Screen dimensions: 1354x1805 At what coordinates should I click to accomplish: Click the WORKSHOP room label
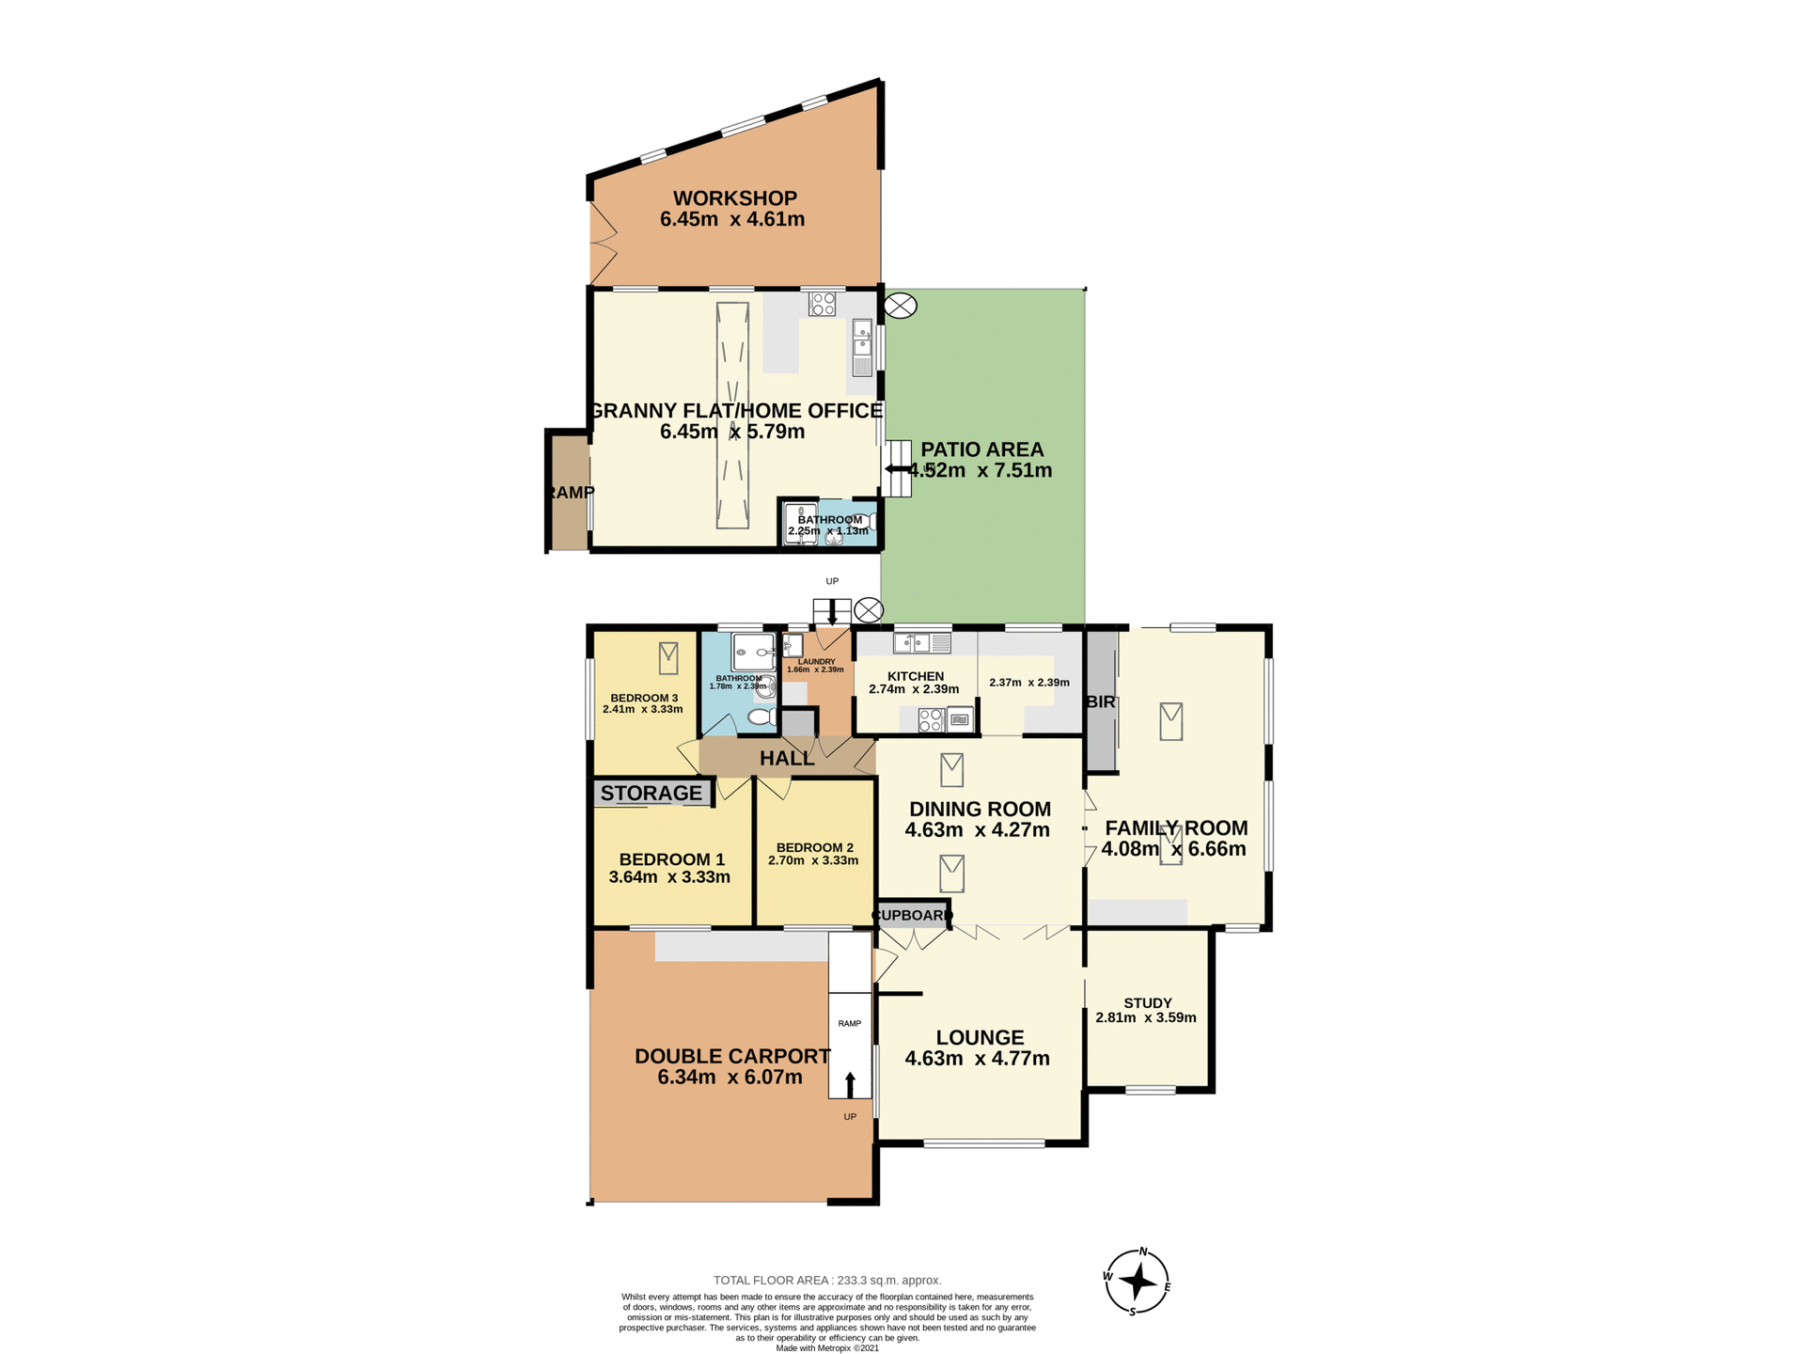(734, 198)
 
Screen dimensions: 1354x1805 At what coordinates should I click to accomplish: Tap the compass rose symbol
(1138, 1281)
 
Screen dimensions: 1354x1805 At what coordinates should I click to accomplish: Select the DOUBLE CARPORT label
(731, 1056)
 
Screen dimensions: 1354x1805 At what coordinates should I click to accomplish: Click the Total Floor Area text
(826, 1280)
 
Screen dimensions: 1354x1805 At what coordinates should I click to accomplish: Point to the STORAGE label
(651, 793)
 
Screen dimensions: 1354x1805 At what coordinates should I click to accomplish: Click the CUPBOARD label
(912, 915)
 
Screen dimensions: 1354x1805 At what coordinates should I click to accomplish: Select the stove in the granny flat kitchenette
(823, 304)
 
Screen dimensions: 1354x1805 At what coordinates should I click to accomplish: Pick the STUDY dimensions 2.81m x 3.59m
(1145, 1017)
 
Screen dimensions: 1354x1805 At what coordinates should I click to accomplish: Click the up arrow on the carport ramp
(850, 1084)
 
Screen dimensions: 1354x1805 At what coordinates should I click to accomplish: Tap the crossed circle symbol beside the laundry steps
(869, 610)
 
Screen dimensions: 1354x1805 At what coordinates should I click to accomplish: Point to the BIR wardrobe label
(1100, 702)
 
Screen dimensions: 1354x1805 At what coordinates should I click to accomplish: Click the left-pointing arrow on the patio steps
(896, 468)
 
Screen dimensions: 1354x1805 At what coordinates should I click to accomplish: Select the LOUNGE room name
(980, 1037)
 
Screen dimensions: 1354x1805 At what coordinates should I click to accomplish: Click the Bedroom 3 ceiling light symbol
(668, 657)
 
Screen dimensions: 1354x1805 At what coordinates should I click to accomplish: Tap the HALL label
(787, 758)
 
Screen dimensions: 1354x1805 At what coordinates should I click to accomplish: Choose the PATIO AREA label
(981, 449)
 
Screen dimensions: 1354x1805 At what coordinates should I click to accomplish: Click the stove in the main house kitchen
(931, 720)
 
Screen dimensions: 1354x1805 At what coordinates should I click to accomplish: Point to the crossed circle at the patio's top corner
(901, 306)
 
